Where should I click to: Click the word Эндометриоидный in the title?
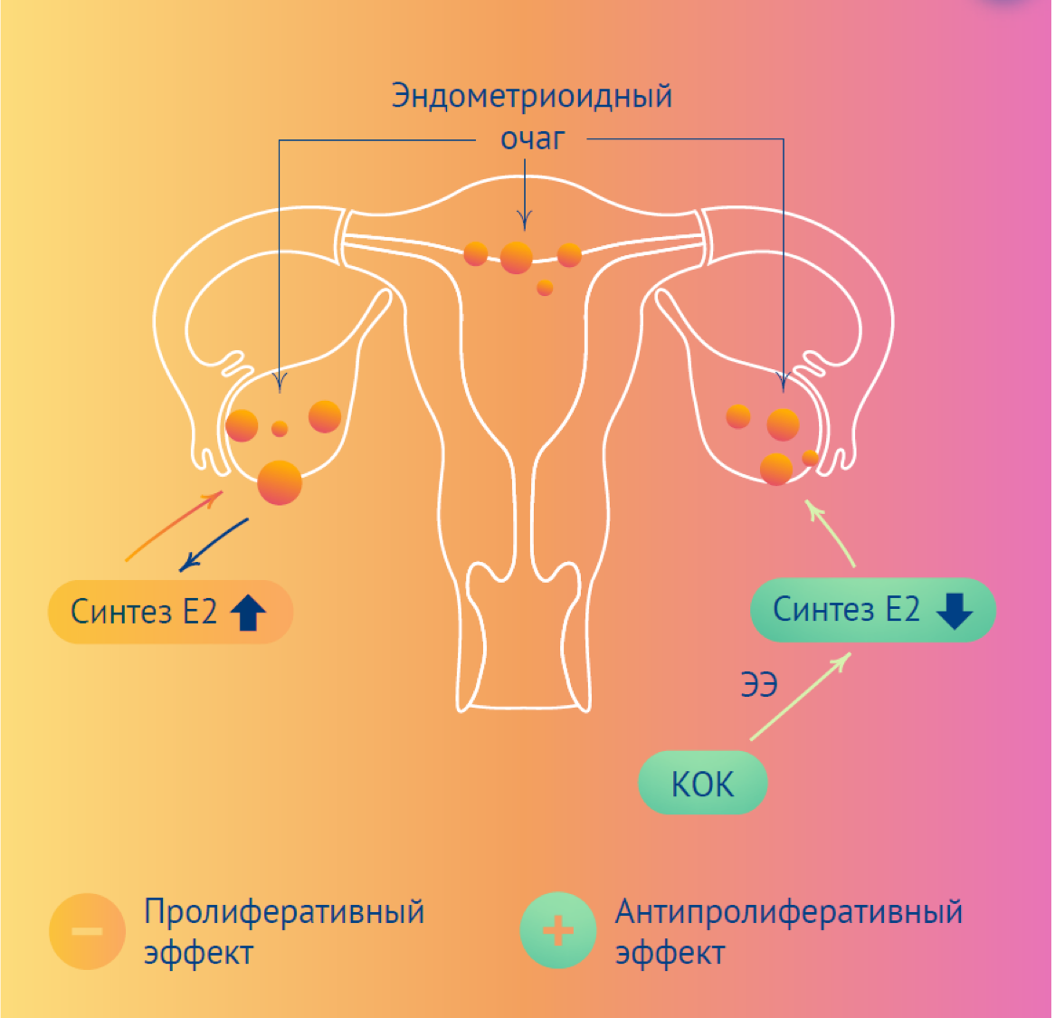pyautogui.click(x=531, y=96)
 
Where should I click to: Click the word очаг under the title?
pyautogui.click(x=532, y=138)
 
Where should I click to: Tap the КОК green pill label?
pyautogui.click(x=703, y=784)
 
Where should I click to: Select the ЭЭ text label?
pyautogui.click(x=759, y=685)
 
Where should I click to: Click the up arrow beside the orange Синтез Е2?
pyautogui.click(x=248, y=613)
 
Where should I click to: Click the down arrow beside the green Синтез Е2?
pyautogui.click(x=954, y=611)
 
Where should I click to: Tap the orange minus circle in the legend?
pyautogui.click(x=87, y=931)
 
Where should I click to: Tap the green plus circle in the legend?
pyautogui.click(x=558, y=931)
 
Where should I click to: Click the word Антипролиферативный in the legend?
pyautogui.click(x=789, y=912)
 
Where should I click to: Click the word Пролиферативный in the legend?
pyautogui.click(x=284, y=912)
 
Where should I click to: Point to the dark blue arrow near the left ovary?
pyautogui.click(x=214, y=544)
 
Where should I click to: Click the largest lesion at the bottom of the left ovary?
pyautogui.click(x=280, y=482)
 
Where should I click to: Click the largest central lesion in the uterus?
pyautogui.click(x=517, y=258)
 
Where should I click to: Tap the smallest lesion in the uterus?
pyautogui.click(x=545, y=289)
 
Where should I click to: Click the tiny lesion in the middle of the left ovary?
pyautogui.click(x=280, y=429)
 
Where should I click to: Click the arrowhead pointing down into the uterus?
pyautogui.click(x=525, y=220)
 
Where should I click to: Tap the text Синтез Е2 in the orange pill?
pyautogui.click(x=144, y=613)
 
